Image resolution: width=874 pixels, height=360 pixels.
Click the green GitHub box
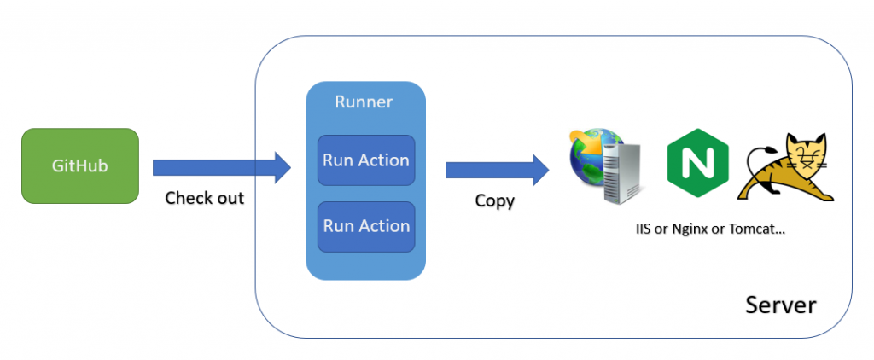[x=79, y=165]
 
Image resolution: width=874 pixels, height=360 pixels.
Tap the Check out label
[x=204, y=198]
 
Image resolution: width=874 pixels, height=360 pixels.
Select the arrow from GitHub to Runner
[x=213, y=166]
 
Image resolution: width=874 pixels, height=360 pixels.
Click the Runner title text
[x=364, y=102]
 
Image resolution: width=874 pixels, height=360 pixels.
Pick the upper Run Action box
[x=366, y=160]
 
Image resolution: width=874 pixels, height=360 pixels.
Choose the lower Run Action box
[x=366, y=226]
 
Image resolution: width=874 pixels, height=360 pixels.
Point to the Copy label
[x=495, y=201]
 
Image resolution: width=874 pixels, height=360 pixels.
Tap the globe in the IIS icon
[x=586, y=154]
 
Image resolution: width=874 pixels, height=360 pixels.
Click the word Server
[x=781, y=305]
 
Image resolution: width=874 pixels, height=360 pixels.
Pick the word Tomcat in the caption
[x=763, y=230]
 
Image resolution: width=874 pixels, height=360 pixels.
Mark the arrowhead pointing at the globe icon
[x=539, y=168]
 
